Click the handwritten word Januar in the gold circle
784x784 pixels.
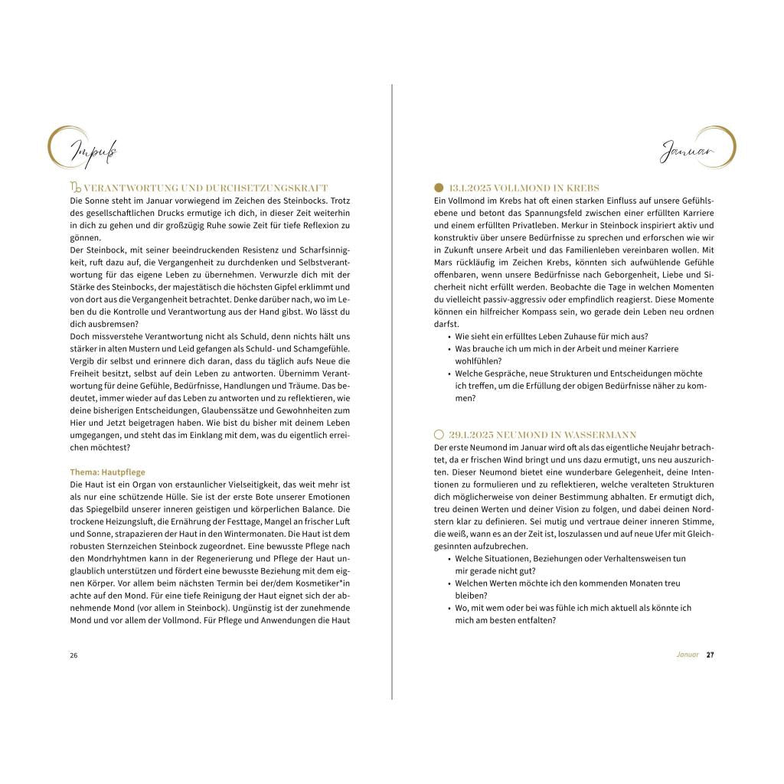pos(688,152)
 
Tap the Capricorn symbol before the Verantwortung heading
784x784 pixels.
pos(75,188)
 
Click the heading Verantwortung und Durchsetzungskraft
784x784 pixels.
pos(205,188)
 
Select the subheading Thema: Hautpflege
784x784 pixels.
pos(108,472)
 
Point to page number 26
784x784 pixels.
pos(73,655)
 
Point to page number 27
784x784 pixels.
pos(710,655)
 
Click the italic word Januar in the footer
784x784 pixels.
pos(688,655)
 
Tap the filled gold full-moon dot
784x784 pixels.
pos(439,188)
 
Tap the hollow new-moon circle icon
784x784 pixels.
pos(439,434)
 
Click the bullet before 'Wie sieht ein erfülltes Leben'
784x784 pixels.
pos(449,337)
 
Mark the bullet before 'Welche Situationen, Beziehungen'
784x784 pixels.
pos(449,559)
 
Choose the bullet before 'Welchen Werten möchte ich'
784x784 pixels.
pos(449,583)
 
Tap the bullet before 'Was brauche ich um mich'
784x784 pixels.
pos(449,349)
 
